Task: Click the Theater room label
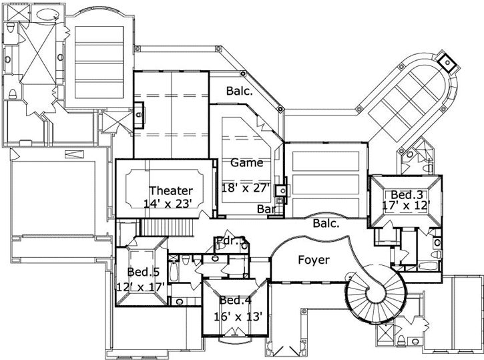coord(171,191)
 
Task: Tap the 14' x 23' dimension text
coord(171,203)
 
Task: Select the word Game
coord(246,162)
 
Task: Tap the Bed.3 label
coord(407,194)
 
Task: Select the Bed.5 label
coord(143,272)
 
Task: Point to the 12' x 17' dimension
coord(140,287)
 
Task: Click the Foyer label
coord(313,260)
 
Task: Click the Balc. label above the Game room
coord(238,91)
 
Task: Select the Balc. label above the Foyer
coord(326,224)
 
